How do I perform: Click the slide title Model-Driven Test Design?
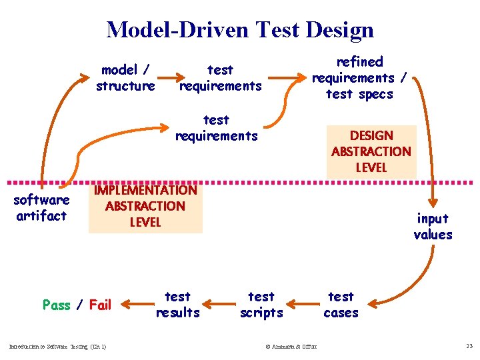click(240, 30)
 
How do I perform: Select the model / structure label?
click(125, 78)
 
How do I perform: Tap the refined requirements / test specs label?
click(359, 78)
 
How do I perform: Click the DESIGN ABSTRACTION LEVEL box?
click(371, 151)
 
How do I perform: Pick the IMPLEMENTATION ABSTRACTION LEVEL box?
click(145, 206)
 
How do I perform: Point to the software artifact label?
click(41, 208)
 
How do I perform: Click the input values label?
click(433, 227)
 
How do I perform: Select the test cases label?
click(341, 305)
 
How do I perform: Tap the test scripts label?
click(261, 305)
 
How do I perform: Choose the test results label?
click(177, 305)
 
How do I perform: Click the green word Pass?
click(56, 305)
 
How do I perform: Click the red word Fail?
click(100, 305)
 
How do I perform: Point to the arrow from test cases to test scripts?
click(301, 306)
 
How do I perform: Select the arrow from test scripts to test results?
click(219, 306)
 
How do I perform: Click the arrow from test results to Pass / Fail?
click(137, 305)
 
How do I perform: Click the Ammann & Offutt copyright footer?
click(291, 346)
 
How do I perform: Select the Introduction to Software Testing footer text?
click(57, 346)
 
